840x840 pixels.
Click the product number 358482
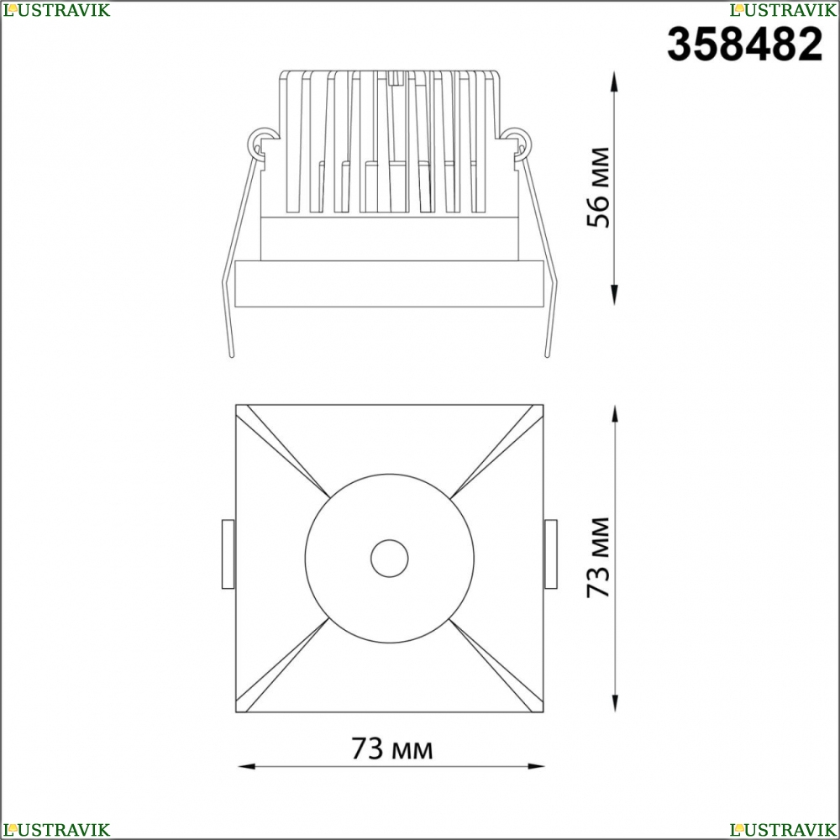(x=744, y=44)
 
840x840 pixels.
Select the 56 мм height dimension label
(x=598, y=187)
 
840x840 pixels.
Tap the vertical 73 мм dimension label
(x=598, y=558)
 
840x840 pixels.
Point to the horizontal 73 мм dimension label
(x=391, y=748)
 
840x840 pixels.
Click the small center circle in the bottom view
(x=390, y=559)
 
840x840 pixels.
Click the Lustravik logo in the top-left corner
(x=56, y=9)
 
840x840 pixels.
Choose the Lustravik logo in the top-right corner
(x=783, y=9)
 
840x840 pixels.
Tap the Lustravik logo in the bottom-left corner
(x=56, y=830)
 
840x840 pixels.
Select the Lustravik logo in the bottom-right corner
(x=783, y=830)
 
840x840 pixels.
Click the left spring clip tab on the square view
(x=228, y=554)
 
